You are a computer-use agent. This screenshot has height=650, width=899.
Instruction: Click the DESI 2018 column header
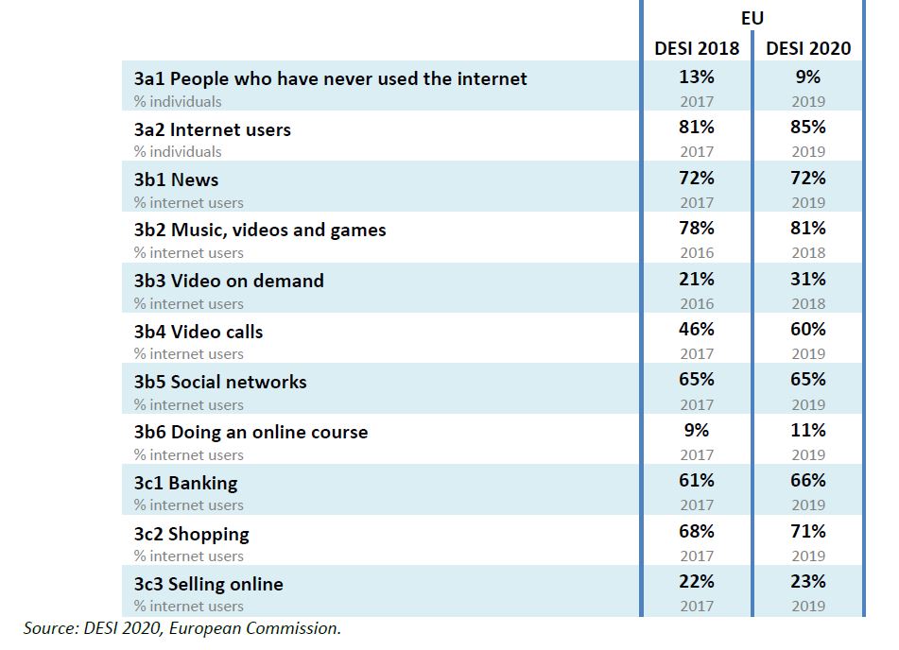point(697,48)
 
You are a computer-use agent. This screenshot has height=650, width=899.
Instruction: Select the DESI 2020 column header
point(808,48)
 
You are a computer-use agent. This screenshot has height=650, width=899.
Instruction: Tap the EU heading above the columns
point(752,18)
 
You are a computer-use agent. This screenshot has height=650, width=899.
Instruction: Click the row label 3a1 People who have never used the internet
point(330,78)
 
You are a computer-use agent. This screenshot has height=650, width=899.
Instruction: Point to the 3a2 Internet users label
point(212,129)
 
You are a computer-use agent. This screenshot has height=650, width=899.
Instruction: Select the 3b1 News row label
point(176,180)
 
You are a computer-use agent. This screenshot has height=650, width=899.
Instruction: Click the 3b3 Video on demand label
point(229,281)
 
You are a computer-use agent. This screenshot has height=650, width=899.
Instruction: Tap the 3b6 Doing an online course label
point(251,432)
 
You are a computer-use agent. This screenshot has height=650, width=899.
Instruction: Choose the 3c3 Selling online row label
point(208,584)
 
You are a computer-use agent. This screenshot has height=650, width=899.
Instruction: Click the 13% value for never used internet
point(697,77)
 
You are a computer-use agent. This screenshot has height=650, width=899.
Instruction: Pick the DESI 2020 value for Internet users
point(808,128)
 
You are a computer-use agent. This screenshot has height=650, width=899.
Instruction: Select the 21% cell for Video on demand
point(697,280)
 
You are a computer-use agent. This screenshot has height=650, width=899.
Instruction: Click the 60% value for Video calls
point(808,330)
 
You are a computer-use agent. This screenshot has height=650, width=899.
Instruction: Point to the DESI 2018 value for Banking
point(697,481)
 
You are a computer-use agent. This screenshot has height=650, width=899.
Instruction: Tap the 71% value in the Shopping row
point(808,531)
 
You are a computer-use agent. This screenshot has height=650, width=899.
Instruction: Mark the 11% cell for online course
point(808,431)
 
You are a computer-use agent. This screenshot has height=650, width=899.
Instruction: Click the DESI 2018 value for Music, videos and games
point(697,229)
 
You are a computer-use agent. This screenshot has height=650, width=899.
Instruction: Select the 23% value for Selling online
point(808,582)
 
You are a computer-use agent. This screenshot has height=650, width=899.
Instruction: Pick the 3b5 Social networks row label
point(220,382)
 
